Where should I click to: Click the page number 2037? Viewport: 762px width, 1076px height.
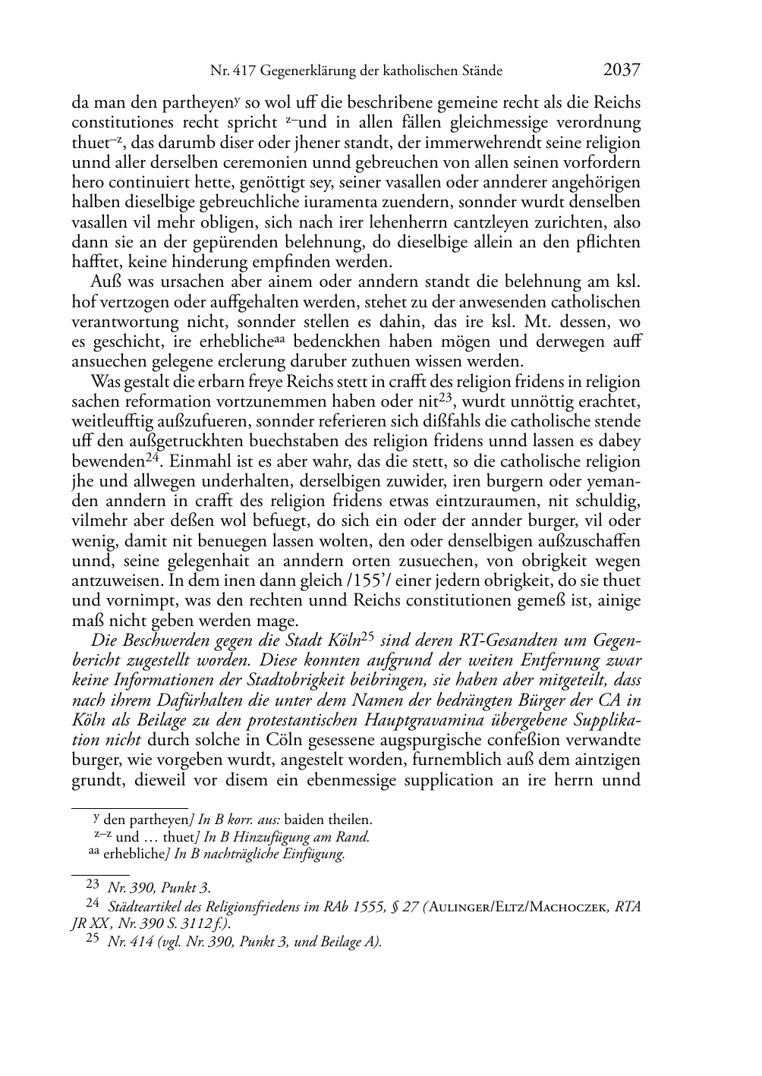pyautogui.click(x=622, y=70)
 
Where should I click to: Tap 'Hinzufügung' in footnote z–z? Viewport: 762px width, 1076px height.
pyautogui.click(x=294, y=837)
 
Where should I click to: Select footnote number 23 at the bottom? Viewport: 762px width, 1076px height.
pyautogui.click(x=93, y=885)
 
